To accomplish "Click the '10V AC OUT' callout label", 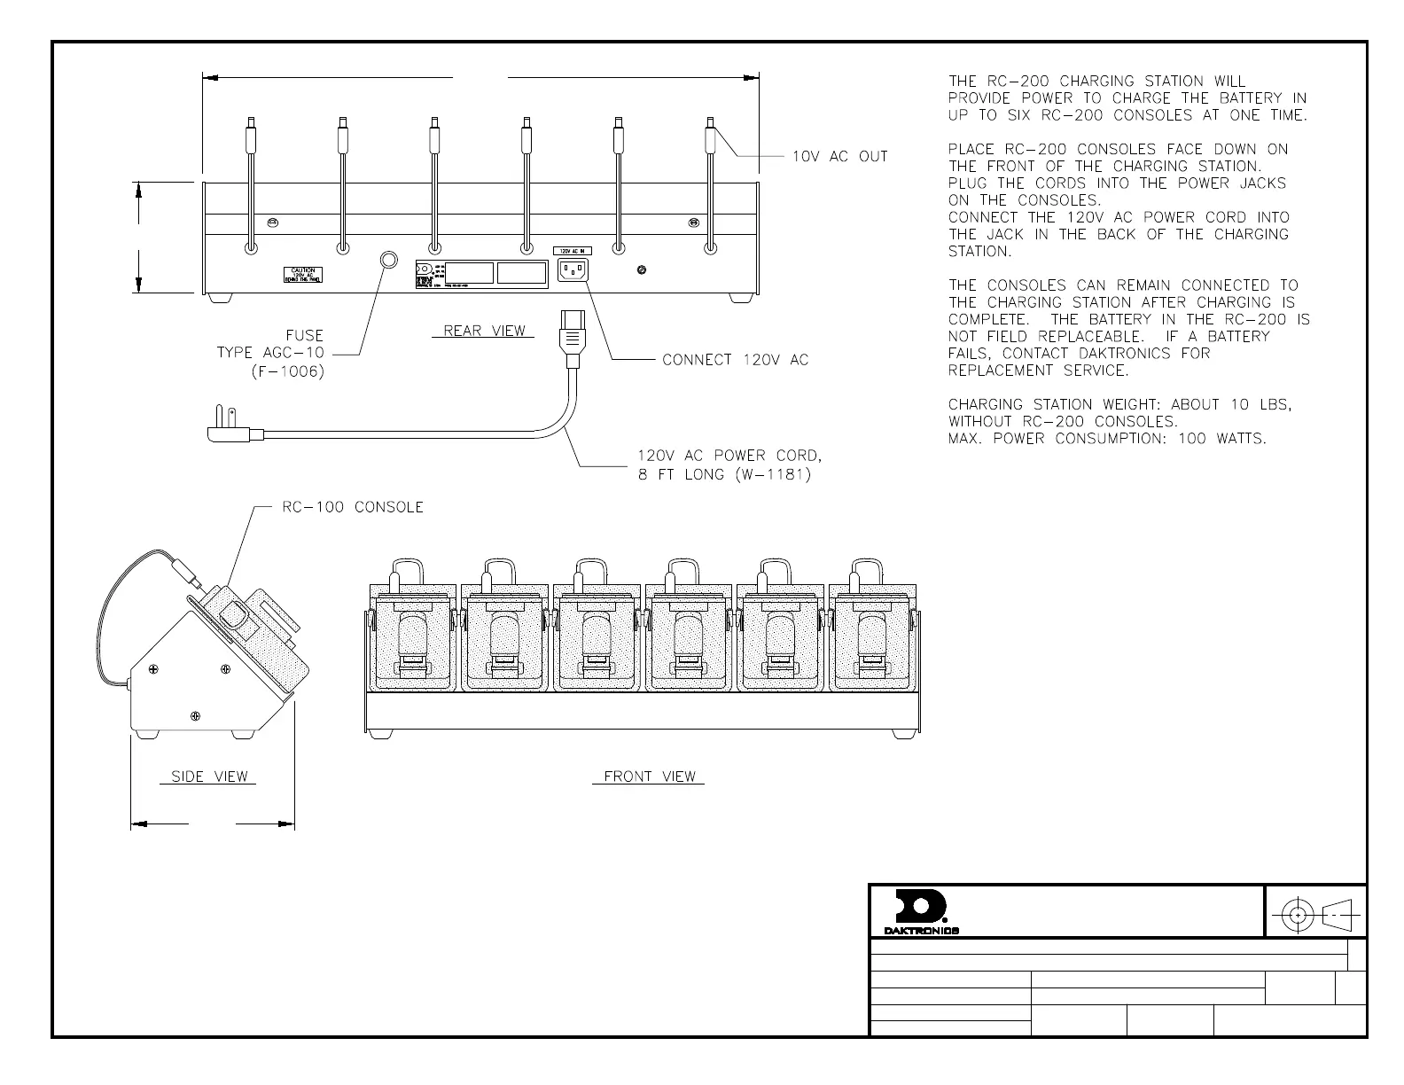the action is (839, 157).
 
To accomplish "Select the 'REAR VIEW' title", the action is (484, 331).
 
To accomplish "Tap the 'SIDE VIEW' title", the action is (209, 777).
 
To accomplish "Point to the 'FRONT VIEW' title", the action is (650, 777).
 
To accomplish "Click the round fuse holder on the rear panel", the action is (388, 260).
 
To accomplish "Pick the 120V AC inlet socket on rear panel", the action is (572, 269).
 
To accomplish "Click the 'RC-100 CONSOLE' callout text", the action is (353, 507).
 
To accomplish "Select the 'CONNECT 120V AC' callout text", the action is (736, 360).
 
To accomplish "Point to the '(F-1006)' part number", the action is (288, 371).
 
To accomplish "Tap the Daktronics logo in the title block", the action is (921, 911).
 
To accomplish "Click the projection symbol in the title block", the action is (1316, 914).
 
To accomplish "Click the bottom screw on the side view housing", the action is (196, 715).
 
